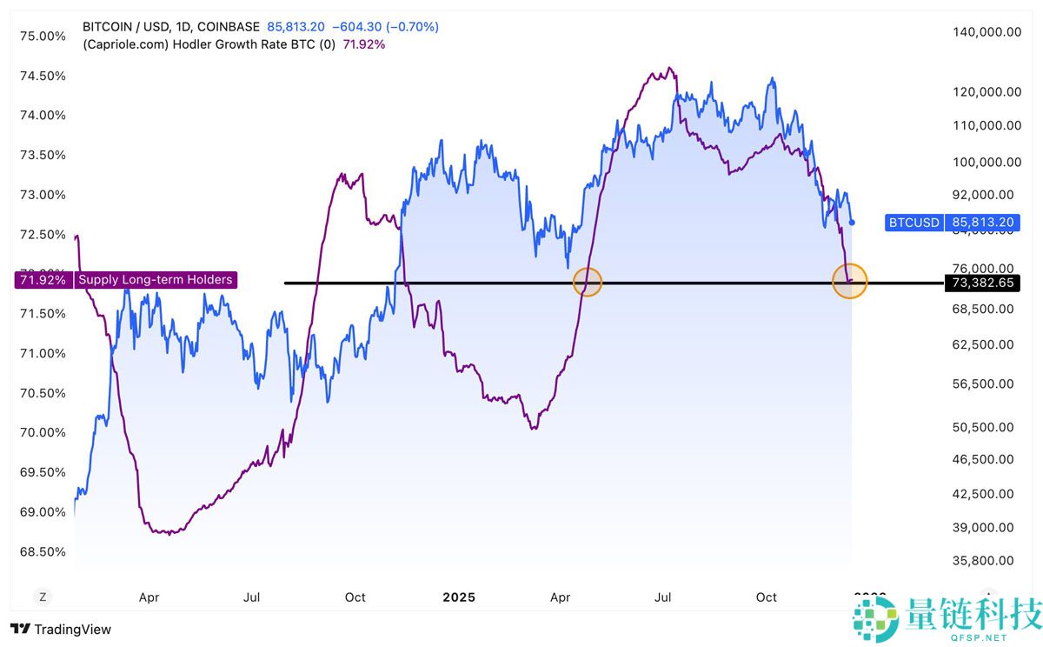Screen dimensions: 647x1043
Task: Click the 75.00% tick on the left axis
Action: (43, 36)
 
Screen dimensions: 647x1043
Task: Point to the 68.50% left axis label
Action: (43, 551)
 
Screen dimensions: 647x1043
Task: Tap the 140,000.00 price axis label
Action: (987, 31)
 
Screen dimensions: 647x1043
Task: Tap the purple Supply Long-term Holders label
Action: (156, 280)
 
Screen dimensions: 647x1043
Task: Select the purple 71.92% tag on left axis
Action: (42, 280)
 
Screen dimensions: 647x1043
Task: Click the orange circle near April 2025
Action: (588, 281)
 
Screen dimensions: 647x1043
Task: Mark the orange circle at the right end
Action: (850, 281)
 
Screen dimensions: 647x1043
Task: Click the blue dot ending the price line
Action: (852, 223)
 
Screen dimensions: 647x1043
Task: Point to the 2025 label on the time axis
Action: (459, 597)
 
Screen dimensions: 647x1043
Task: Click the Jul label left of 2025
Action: (252, 597)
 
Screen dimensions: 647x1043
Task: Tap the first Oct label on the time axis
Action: (355, 597)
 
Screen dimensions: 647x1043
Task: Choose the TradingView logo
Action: (61, 629)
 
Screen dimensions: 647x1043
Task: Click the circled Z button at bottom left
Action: (41, 597)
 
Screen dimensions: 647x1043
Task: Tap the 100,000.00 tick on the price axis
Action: (987, 163)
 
